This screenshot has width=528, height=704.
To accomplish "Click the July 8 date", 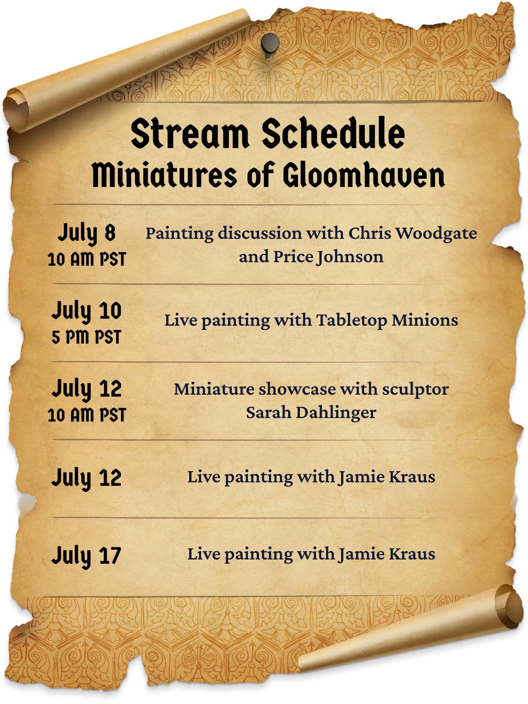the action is [87, 233].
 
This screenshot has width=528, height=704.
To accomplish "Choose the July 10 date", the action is [86, 311].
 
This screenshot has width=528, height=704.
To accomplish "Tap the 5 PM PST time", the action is [86, 337].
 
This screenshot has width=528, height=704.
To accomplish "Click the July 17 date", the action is [86, 556].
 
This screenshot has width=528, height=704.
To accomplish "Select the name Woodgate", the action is [438, 233].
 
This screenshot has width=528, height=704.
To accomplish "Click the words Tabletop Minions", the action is [387, 320].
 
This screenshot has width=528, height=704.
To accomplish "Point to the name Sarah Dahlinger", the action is [311, 413].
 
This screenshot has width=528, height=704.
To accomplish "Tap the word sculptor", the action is [415, 389].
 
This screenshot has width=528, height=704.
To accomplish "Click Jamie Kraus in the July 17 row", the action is [387, 554].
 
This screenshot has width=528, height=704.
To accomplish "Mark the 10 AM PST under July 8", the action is [87, 259].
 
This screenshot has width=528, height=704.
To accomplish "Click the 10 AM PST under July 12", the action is [87, 415].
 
